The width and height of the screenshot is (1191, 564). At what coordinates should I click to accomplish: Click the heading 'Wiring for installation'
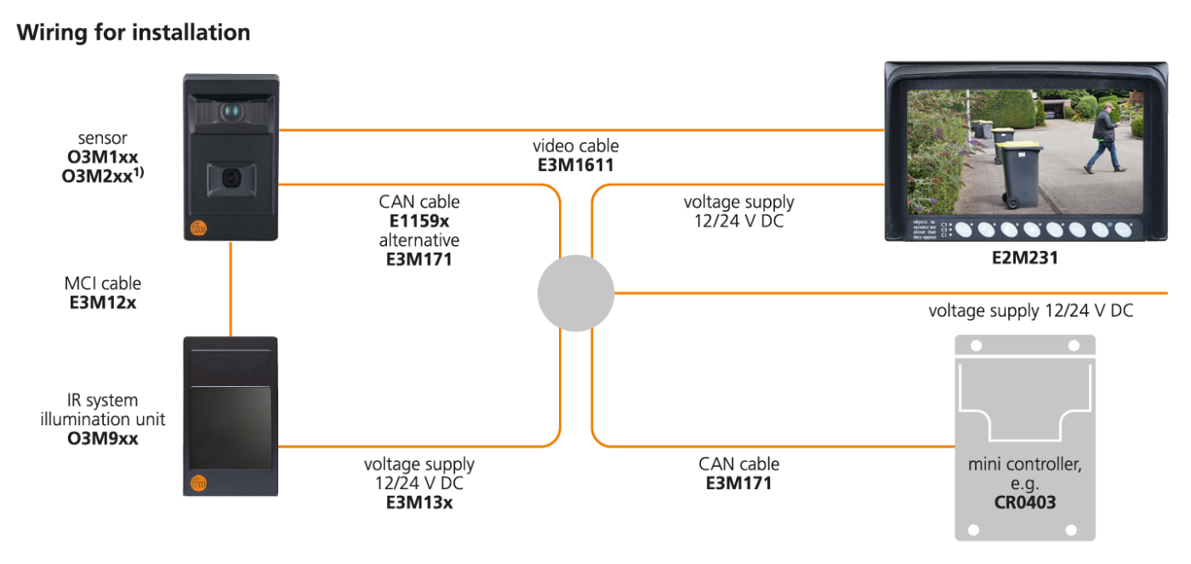click(x=134, y=33)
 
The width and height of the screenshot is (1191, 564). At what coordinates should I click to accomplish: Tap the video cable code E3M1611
click(x=575, y=166)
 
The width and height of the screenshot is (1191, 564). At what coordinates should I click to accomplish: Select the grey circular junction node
click(x=576, y=293)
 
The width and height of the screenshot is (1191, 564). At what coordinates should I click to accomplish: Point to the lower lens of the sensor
click(x=230, y=177)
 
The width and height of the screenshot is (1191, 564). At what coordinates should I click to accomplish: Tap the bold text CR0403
click(x=1024, y=502)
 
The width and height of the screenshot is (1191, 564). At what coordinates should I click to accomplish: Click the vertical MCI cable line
click(x=231, y=289)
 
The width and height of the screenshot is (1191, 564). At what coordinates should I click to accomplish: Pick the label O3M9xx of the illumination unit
click(x=103, y=439)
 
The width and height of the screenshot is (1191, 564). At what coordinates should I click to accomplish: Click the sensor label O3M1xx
click(x=103, y=157)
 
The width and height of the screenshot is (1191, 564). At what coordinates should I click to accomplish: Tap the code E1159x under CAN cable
click(x=419, y=221)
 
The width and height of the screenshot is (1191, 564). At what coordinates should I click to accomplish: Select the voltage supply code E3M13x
click(x=419, y=502)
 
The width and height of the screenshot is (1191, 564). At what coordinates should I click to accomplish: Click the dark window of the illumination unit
click(x=231, y=427)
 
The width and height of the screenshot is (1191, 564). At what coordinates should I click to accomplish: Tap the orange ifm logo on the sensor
click(x=197, y=228)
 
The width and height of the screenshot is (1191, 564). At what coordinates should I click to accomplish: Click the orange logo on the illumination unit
click(x=197, y=482)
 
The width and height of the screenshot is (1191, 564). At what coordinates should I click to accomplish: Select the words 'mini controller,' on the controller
click(x=1024, y=465)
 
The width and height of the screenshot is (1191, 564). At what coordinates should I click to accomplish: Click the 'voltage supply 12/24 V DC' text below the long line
click(x=1030, y=311)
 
